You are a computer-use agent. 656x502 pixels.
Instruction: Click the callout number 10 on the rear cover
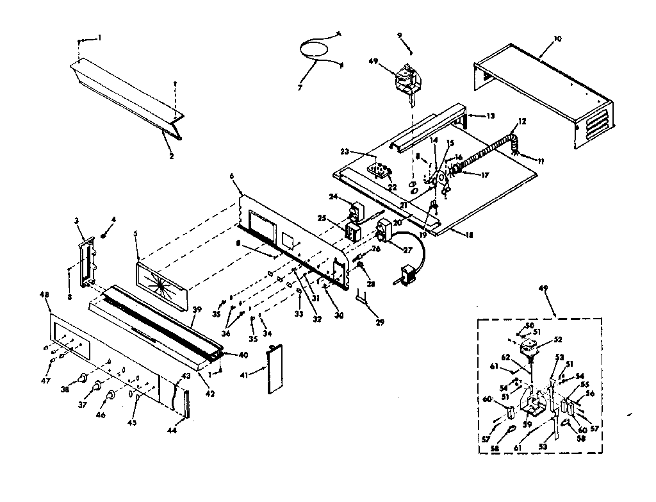click(557, 39)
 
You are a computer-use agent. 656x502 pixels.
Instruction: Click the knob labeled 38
click(83, 379)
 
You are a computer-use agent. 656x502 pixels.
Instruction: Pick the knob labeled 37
click(97, 386)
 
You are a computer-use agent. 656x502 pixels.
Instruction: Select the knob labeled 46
click(110, 396)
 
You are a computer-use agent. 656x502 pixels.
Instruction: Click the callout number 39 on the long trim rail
click(197, 310)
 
